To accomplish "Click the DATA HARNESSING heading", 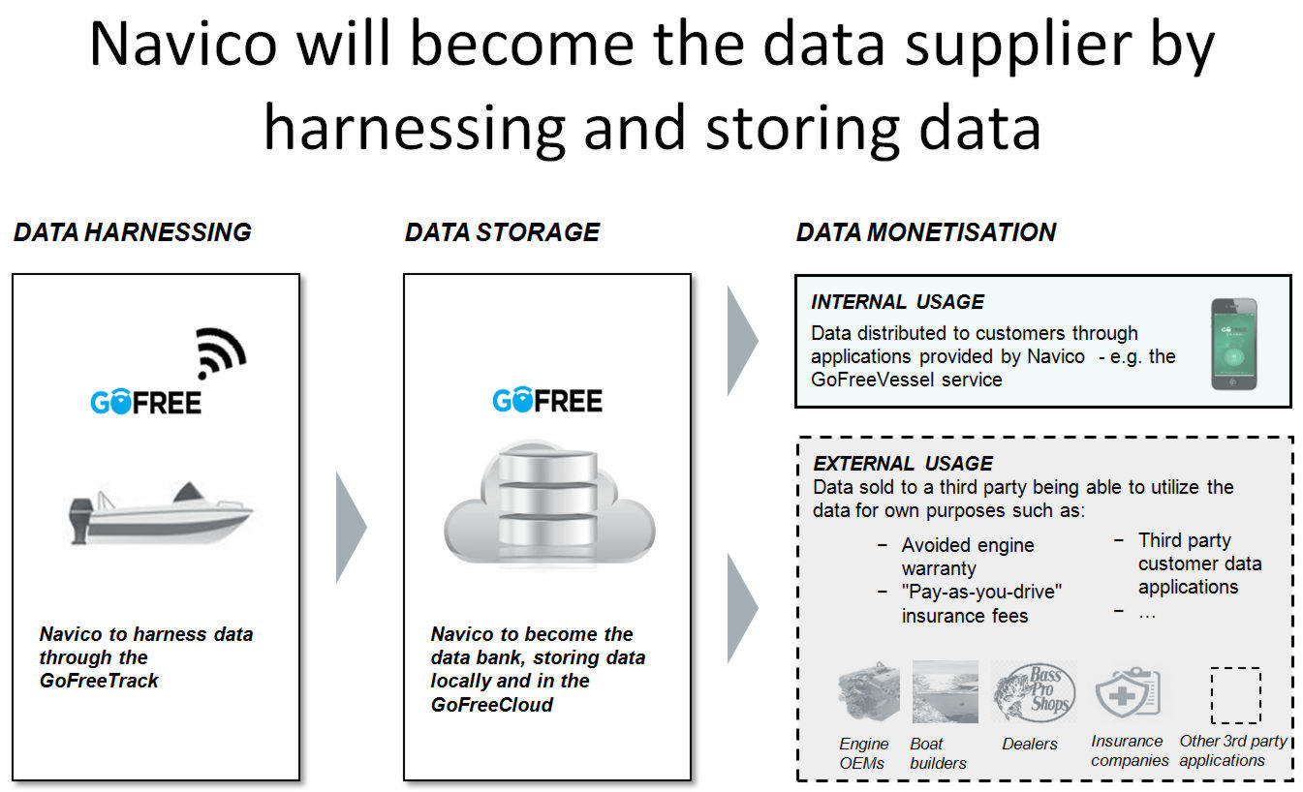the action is tap(133, 232).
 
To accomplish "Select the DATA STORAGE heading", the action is tap(502, 232).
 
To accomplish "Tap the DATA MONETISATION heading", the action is tap(926, 232).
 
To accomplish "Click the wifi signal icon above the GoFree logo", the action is tap(221, 352).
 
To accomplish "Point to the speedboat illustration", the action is tap(161, 513).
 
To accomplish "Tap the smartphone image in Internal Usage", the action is tap(1234, 344).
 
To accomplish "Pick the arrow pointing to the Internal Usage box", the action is tap(743, 342).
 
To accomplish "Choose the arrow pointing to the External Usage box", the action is tap(743, 608).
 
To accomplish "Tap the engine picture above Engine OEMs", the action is tap(869, 692).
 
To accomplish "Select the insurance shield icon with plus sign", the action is tap(1128, 692).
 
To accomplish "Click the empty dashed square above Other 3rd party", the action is tap(1235, 695).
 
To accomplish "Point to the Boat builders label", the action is tap(938, 753).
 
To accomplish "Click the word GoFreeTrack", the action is tap(99, 681).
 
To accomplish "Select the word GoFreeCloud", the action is tap(491, 705).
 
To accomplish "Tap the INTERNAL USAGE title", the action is tap(897, 302).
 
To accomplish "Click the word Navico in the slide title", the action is tap(183, 45).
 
